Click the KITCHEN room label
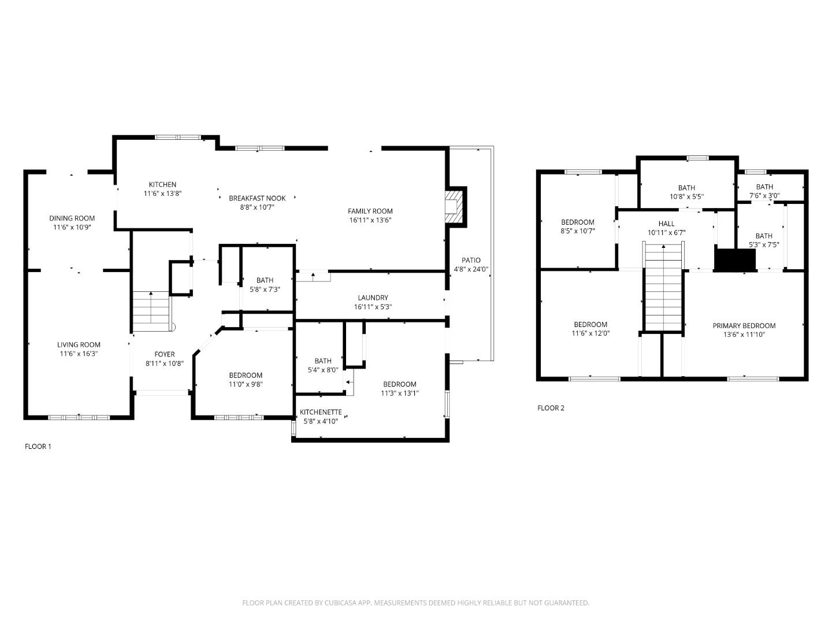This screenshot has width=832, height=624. (x=162, y=185)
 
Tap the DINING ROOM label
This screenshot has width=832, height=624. (x=72, y=218)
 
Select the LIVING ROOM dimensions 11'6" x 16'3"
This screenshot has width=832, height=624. (x=79, y=354)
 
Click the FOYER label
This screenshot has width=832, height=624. (x=164, y=355)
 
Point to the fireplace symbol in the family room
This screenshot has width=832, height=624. (x=455, y=206)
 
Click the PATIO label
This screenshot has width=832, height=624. (x=471, y=261)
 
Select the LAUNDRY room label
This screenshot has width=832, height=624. (x=373, y=298)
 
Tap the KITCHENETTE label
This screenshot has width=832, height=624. (x=321, y=413)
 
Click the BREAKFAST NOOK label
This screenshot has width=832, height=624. (x=257, y=198)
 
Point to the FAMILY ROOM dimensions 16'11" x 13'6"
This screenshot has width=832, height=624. (x=370, y=220)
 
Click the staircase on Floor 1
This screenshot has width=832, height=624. (x=151, y=309)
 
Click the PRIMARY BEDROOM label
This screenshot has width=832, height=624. (x=744, y=326)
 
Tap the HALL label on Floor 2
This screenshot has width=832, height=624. (x=666, y=224)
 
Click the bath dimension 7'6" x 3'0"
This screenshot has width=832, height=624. (x=764, y=196)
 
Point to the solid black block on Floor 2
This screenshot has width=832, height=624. (x=735, y=259)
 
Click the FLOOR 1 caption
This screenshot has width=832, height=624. (x=38, y=447)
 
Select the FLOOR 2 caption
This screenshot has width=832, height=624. (x=551, y=408)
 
